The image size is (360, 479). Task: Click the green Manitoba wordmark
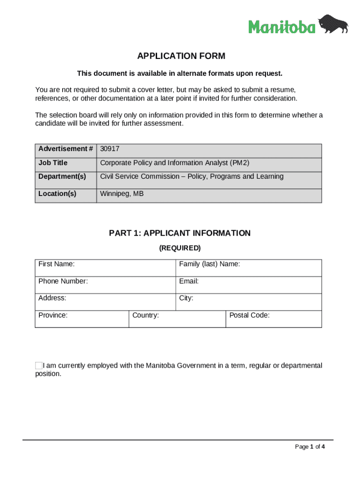click(x=282, y=27)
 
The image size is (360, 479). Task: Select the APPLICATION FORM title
click(x=181, y=56)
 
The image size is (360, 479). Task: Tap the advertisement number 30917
click(x=110, y=149)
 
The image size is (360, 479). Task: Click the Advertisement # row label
click(x=65, y=149)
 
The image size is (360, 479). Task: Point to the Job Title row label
click(x=53, y=163)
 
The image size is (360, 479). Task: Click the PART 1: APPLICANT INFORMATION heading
click(x=180, y=233)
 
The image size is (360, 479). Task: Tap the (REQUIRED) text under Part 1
click(x=180, y=248)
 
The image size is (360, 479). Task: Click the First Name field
click(x=105, y=268)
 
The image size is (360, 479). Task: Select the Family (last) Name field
click(x=249, y=268)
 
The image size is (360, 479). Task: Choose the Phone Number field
click(x=105, y=285)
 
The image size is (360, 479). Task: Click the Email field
click(x=249, y=285)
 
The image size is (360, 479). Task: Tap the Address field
click(x=105, y=302)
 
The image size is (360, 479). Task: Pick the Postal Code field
click(x=274, y=319)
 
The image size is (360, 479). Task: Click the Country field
click(x=177, y=319)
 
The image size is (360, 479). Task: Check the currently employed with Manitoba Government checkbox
click(x=39, y=365)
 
